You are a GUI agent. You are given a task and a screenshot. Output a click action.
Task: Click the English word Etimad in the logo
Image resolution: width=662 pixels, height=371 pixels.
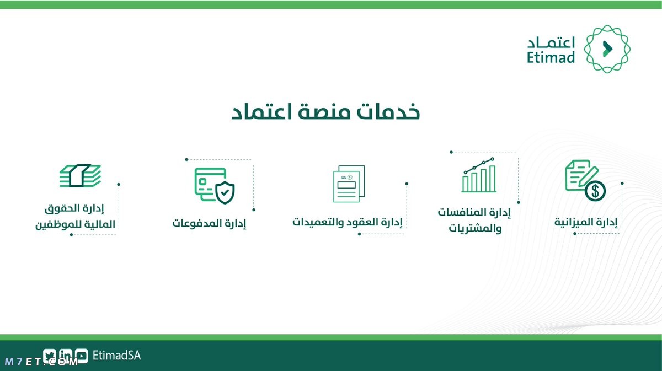pyautogui.click(x=551, y=57)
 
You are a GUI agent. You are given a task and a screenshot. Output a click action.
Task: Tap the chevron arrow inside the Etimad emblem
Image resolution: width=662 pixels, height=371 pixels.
pyautogui.click(x=607, y=49)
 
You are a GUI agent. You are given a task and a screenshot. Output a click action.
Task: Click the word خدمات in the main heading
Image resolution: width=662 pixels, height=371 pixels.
pyautogui.click(x=388, y=112)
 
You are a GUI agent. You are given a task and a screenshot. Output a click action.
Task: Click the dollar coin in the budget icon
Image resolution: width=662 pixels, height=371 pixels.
pyautogui.click(x=595, y=191)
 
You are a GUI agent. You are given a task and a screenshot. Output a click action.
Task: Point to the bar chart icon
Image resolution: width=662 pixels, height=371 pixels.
pyautogui.click(x=479, y=175)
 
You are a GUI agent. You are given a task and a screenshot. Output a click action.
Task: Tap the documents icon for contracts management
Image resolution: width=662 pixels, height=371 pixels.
pyautogui.click(x=349, y=184)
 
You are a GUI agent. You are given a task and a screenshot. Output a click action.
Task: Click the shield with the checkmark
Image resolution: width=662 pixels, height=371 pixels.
pyautogui.click(x=225, y=192)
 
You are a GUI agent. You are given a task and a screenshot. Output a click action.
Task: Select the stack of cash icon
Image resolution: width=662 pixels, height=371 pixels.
pyautogui.click(x=80, y=175)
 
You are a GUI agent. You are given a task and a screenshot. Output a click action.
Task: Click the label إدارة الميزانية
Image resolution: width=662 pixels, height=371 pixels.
pyautogui.click(x=586, y=222)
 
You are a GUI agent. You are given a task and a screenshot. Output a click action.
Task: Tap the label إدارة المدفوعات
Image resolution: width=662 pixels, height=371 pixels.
pyautogui.click(x=209, y=223)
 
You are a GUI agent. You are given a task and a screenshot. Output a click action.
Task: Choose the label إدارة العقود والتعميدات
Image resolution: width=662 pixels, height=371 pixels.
pyautogui.click(x=348, y=222)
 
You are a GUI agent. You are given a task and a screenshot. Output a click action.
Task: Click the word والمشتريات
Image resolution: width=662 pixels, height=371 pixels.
pyautogui.click(x=475, y=228)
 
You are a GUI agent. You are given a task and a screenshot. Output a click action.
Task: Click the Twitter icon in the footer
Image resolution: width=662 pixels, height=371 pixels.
pyautogui.click(x=49, y=356)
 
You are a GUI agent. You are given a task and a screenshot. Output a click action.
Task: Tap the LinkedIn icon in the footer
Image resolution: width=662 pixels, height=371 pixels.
pyautogui.click(x=65, y=356)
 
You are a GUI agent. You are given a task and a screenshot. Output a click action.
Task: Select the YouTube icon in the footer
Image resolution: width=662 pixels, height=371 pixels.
pyautogui.click(x=81, y=356)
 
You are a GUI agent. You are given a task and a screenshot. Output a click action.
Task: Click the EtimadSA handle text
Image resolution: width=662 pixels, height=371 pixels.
pyautogui.click(x=117, y=356)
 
